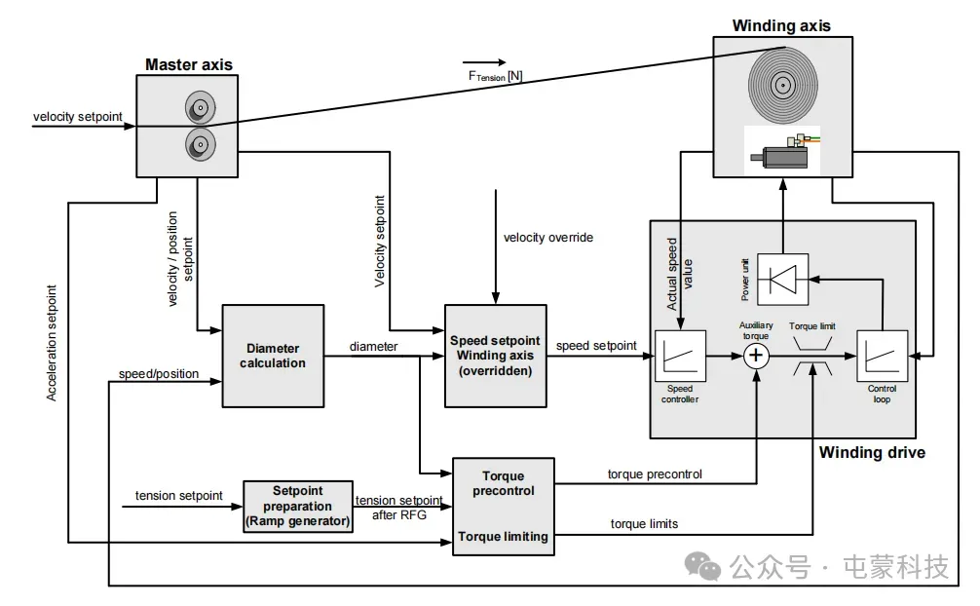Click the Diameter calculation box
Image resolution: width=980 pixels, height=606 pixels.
[x=273, y=356]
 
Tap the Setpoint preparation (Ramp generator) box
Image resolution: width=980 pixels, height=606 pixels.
[x=297, y=507]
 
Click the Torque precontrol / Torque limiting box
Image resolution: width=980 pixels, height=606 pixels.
[x=503, y=507]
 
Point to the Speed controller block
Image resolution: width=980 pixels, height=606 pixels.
[x=678, y=358]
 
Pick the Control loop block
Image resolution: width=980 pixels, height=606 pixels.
[x=883, y=358]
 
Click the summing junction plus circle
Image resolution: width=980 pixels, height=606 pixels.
[x=757, y=357]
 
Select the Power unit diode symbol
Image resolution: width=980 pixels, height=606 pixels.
[x=784, y=279]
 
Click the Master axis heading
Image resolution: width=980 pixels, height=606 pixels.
[x=189, y=65]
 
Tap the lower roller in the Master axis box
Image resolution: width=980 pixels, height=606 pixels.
[x=199, y=146]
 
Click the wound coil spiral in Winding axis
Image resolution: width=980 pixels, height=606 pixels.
[x=782, y=85]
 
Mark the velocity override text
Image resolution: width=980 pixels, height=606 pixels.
[x=548, y=237]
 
